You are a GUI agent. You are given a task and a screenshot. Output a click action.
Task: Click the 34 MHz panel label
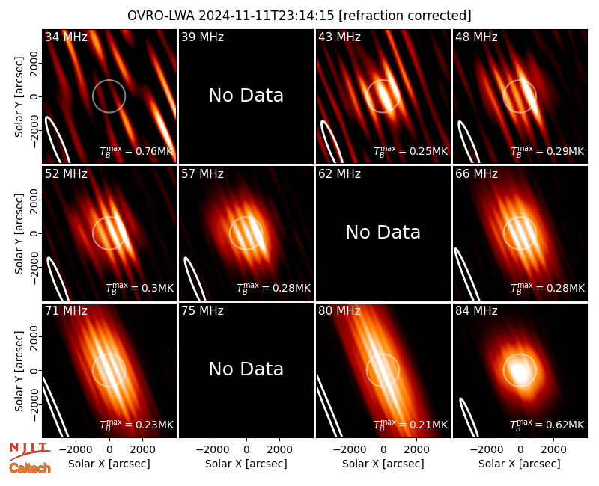[66, 37]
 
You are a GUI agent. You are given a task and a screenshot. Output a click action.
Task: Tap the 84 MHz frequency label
[476, 311]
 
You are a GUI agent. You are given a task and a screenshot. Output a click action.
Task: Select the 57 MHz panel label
[202, 174]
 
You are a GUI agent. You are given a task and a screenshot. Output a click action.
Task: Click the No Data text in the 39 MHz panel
[246, 96]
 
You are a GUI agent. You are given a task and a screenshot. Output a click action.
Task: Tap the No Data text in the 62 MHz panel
[383, 233]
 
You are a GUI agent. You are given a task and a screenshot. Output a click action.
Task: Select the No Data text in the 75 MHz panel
[246, 369]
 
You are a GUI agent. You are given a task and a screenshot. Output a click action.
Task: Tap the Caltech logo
[30, 468]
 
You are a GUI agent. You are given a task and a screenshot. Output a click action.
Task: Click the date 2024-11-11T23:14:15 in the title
[267, 16]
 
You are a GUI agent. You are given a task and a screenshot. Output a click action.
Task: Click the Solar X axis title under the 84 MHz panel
[520, 464]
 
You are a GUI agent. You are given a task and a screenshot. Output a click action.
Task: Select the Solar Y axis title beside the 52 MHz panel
[19, 233]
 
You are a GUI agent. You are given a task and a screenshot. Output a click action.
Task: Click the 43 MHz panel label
[340, 37]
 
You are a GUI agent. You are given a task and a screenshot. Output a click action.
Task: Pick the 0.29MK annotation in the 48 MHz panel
[547, 151]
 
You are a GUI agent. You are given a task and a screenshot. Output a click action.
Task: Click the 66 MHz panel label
[476, 174]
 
